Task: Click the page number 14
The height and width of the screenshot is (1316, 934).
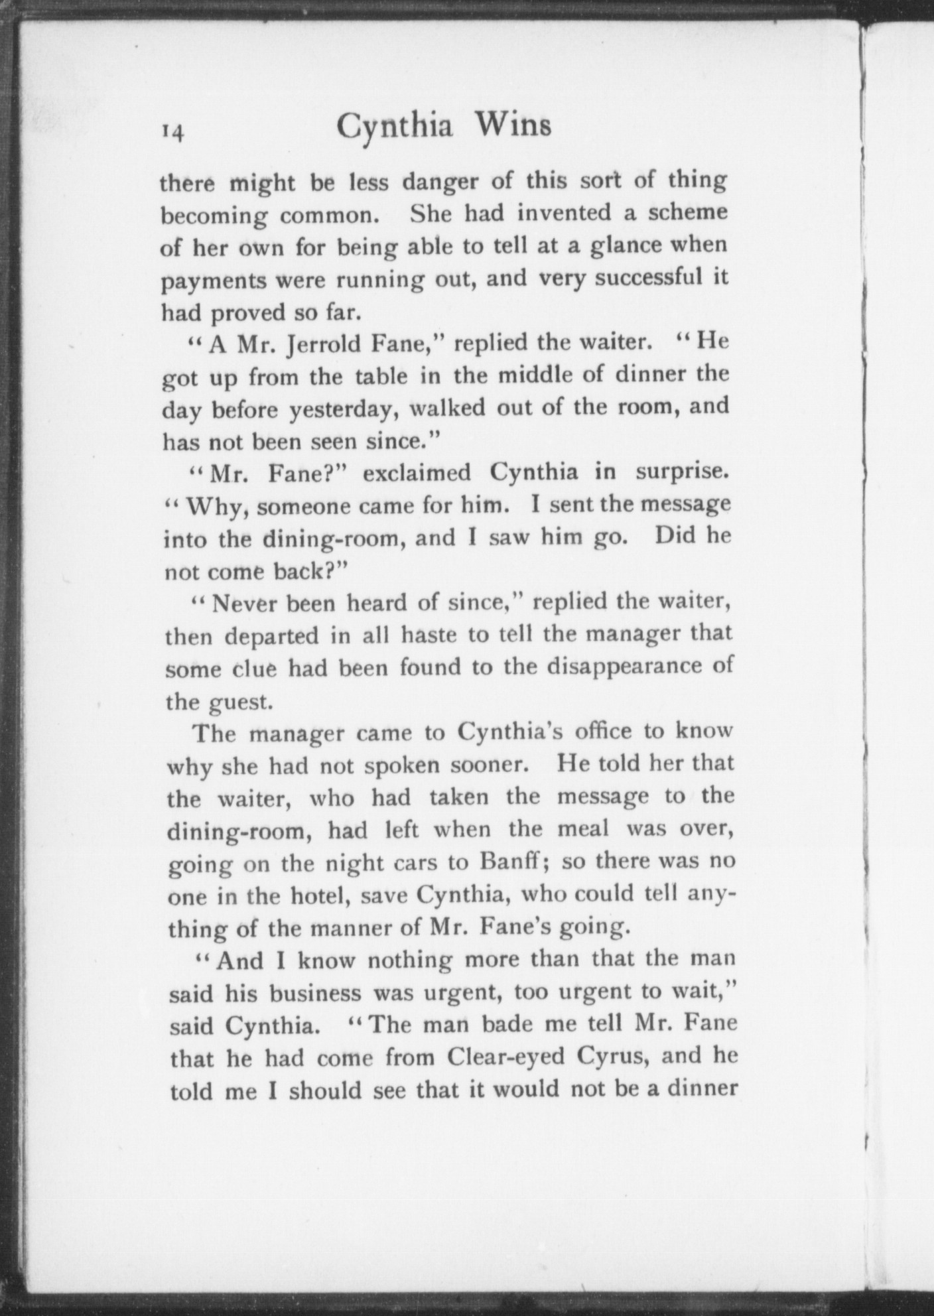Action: click(x=172, y=132)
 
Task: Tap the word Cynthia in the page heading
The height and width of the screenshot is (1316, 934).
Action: click(x=395, y=127)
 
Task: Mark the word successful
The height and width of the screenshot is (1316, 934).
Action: click(x=649, y=278)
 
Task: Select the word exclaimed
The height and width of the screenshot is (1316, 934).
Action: click(x=417, y=474)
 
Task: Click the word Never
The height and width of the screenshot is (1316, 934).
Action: click(x=241, y=604)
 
